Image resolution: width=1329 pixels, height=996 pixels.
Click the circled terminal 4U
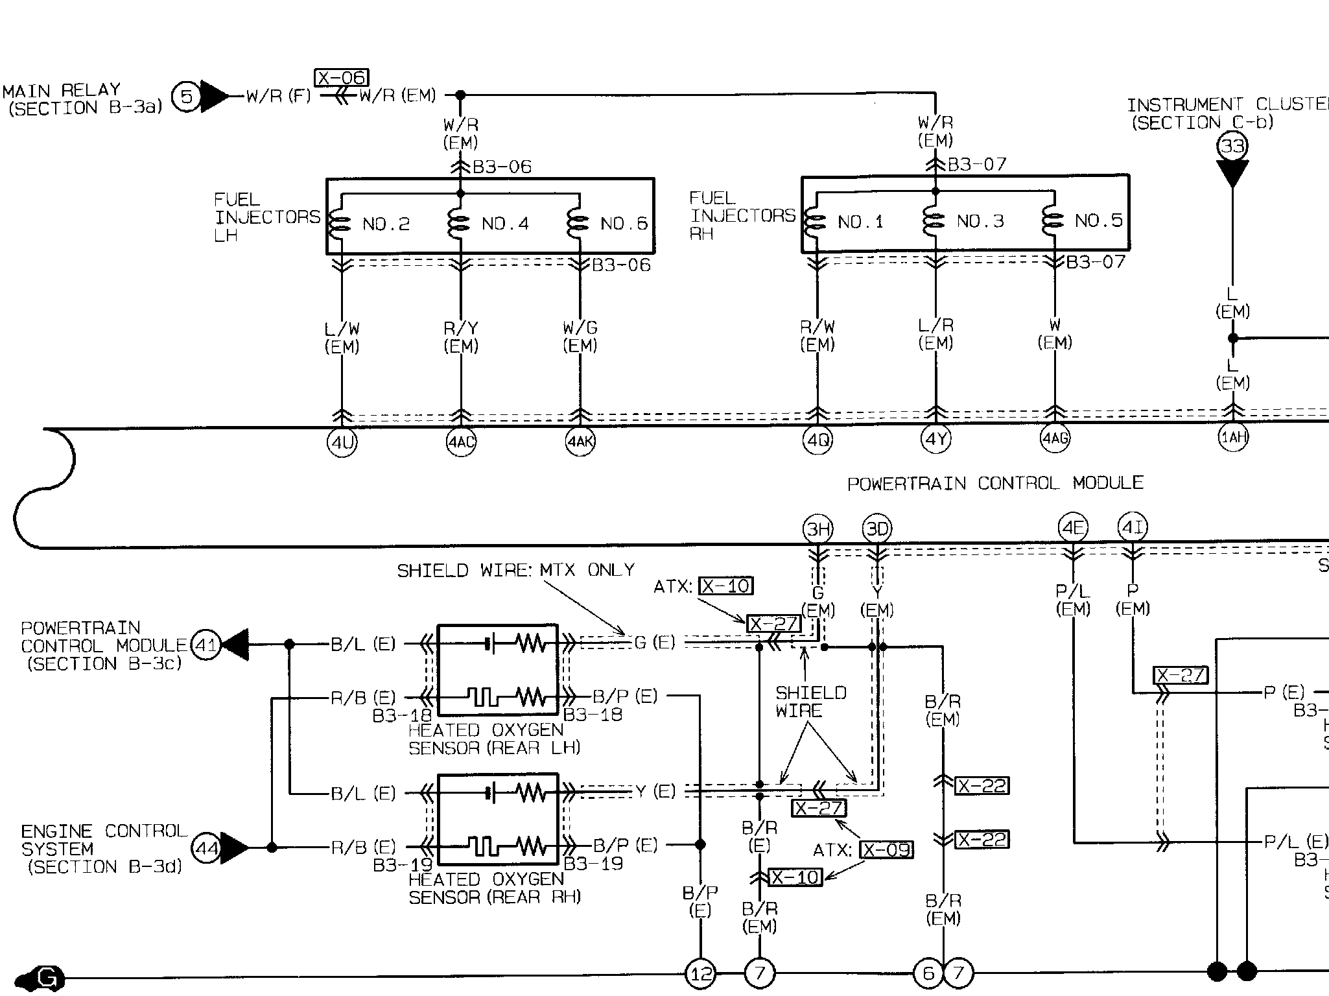[342, 444]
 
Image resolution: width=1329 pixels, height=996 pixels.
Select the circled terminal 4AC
[461, 442]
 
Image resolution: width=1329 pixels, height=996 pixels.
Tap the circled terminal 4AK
[580, 442]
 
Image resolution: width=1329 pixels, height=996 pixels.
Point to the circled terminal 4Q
[817, 441]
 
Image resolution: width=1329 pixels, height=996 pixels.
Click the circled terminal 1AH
[1233, 438]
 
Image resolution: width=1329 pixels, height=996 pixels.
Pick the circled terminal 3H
[818, 529]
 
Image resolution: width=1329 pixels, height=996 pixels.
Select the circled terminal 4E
[1073, 528]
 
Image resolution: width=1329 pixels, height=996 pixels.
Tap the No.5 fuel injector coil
[1053, 221]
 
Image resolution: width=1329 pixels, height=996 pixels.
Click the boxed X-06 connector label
[342, 78]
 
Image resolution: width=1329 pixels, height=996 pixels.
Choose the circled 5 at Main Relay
[187, 97]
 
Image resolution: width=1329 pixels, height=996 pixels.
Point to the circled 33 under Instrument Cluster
[1232, 146]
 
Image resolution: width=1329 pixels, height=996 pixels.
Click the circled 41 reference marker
[206, 645]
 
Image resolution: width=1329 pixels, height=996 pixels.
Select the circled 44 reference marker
[207, 848]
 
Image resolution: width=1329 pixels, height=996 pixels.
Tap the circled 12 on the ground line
[701, 973]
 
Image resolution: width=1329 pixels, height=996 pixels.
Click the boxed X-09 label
[886, 849]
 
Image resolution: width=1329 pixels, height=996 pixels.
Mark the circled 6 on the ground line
[928, 973]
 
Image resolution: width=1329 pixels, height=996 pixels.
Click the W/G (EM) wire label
[580, 337]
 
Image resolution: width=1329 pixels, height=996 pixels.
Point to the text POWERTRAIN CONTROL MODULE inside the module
[995, 483]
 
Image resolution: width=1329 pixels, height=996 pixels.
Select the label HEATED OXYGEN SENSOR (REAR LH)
[494, 739]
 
